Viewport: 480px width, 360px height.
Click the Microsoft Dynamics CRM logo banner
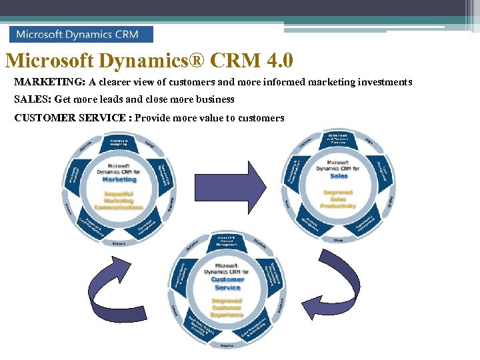(x=81, y=34)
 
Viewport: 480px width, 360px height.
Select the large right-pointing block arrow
(x=231, y=185)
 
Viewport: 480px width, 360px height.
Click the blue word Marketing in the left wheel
(x=119, y=179)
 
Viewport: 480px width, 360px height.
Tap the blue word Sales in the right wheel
(x=339, y=176)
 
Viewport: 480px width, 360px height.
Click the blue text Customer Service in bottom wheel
(x=227, y=283)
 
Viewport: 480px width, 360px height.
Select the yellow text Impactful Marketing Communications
(x=118, y=200)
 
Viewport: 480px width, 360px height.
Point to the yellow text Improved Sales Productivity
(x=338, y=199)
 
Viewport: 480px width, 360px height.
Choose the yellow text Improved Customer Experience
(x=227, y=307)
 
